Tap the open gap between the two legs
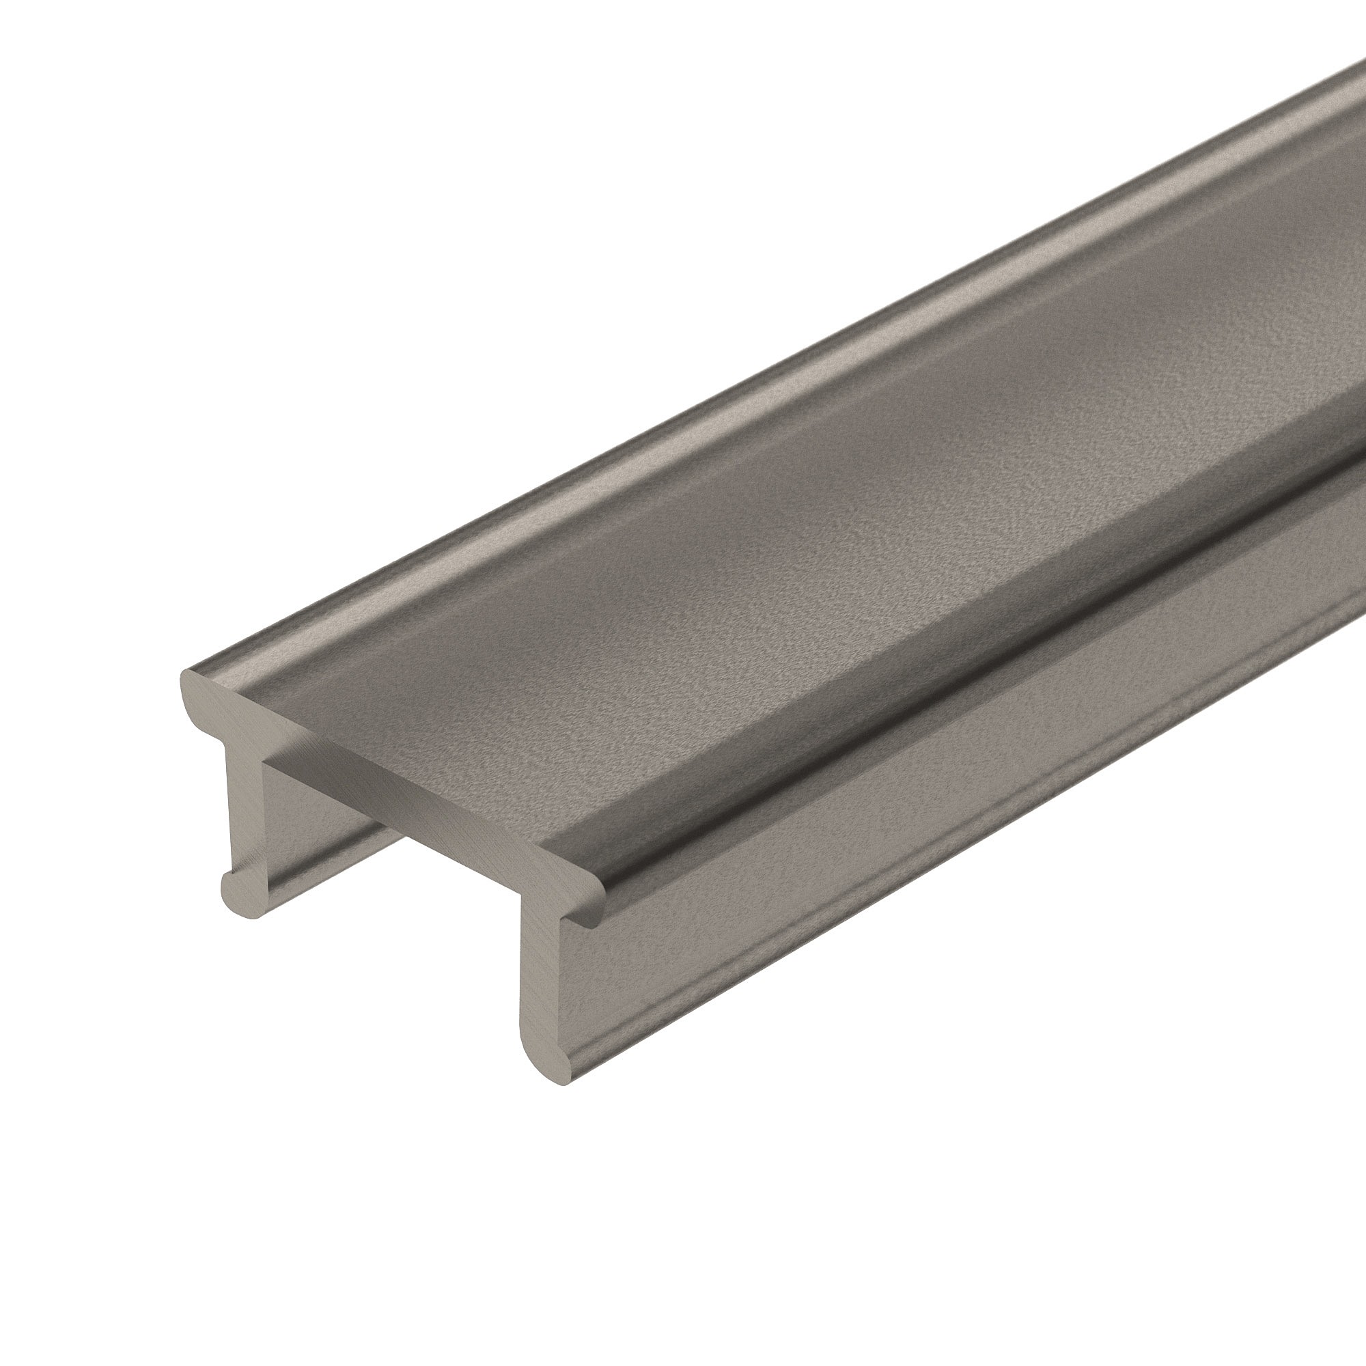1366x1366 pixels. (x=396, y=940)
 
